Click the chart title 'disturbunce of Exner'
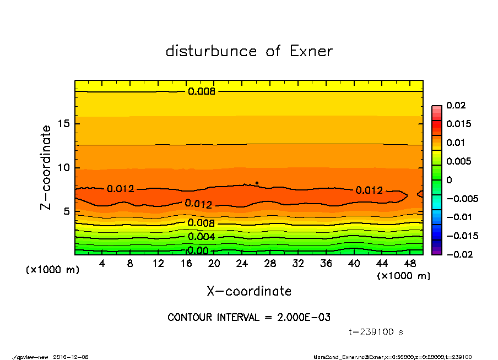click(x=249, y=51)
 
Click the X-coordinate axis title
click(x=249, y=291)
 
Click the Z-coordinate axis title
click(x=46, y=167)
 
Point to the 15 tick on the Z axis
click(x=65, y=124)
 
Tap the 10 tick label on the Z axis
click(x=65, y=167)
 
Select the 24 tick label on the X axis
click(x=242, y=264)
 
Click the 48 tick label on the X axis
click(x=410, y=264)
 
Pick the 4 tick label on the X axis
click(x=102, y=264)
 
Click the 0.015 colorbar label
click(x=459, y=124)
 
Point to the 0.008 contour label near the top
click(x=201, y=91)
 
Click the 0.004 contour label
click(x=201, y=237)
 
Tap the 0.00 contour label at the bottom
click(x=198, y=250)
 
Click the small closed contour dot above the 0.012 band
click(x=257, y=183)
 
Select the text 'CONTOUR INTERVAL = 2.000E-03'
click(x=249, y=318)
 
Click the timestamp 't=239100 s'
click(x=376, y=332)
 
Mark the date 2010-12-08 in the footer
click(x=71, y=357)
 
